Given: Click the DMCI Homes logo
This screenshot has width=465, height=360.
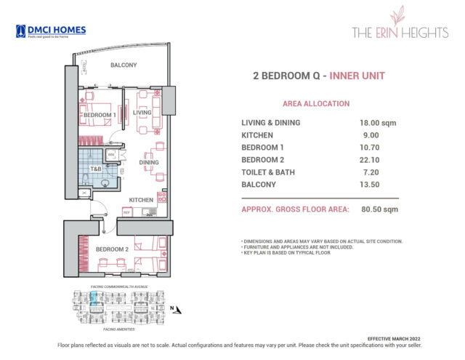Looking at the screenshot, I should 51,31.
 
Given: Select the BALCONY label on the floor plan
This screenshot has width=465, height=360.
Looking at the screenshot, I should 124,65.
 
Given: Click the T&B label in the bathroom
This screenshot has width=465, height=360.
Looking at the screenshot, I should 95,169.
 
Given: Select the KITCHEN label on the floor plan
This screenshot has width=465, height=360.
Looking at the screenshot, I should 141,199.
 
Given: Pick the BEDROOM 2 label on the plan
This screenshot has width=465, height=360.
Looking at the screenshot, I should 111,250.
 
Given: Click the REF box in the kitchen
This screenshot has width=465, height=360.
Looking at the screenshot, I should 126,212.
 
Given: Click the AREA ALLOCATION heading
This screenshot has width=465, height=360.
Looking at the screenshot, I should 315,104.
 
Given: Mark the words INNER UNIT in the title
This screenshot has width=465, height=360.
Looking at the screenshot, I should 356,76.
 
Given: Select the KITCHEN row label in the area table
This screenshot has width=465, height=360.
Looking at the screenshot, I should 257,135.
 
